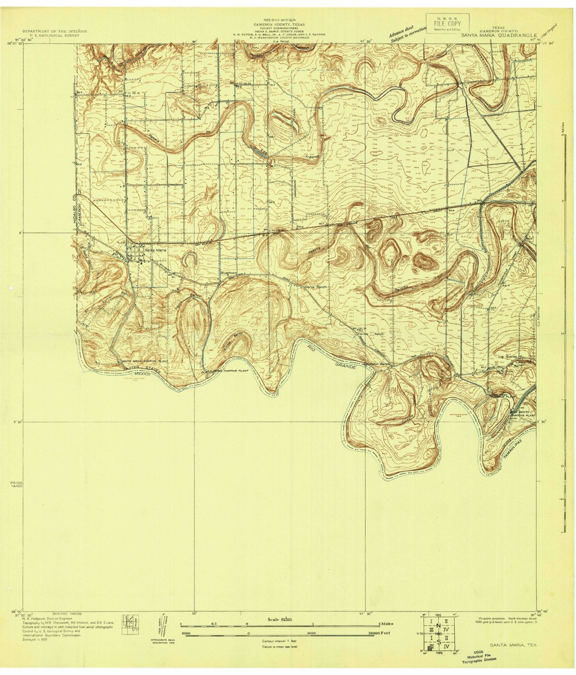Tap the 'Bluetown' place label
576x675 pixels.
228,273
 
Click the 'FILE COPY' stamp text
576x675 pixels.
447,23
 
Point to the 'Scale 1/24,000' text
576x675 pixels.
279,620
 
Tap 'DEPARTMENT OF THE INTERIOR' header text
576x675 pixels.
55,31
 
